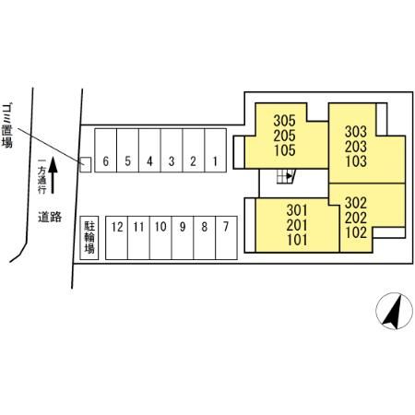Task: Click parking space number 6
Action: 106,150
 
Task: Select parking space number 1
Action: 216,150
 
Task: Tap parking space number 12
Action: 117,238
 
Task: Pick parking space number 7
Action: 227,238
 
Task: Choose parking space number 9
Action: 183,238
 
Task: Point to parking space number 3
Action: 172,150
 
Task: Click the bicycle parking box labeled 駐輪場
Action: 89,238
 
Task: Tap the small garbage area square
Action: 86,164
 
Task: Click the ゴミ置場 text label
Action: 7,126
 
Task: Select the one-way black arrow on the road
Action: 53,175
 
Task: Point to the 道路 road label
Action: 50,217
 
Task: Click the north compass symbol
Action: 395,311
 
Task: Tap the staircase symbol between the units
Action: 286,176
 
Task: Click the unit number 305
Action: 284,121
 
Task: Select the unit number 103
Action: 356,161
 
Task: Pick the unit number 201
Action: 297,225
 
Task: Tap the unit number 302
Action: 356,203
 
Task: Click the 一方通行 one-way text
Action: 41,176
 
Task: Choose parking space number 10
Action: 160,238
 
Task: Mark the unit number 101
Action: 297,240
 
